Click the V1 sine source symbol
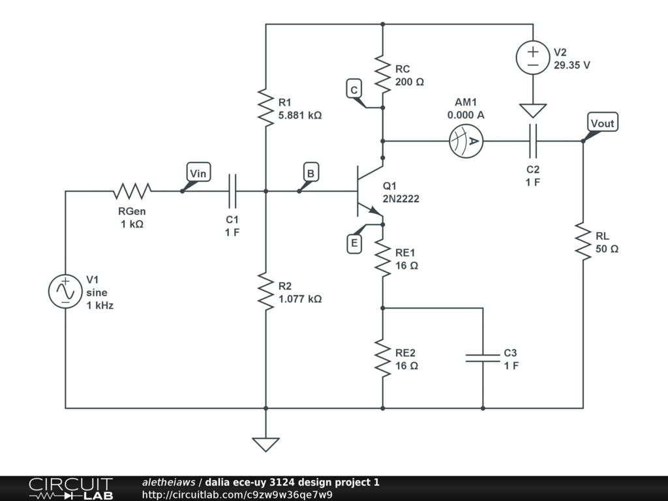point(65,292)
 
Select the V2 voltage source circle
point(533,57)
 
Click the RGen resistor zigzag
point(132,191)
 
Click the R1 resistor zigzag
point(266,108)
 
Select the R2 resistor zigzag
point(266,292)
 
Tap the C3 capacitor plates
point(483,357)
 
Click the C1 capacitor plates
point(232,191)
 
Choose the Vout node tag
point(602,123)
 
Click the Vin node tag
point(198,173)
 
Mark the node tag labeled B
point(311,173)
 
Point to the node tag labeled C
point(354,89)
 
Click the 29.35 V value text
point(572,65)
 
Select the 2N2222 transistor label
point(401,199)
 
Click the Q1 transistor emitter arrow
point(374,210)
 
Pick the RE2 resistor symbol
point(382,357)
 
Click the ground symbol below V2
point(533,111)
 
